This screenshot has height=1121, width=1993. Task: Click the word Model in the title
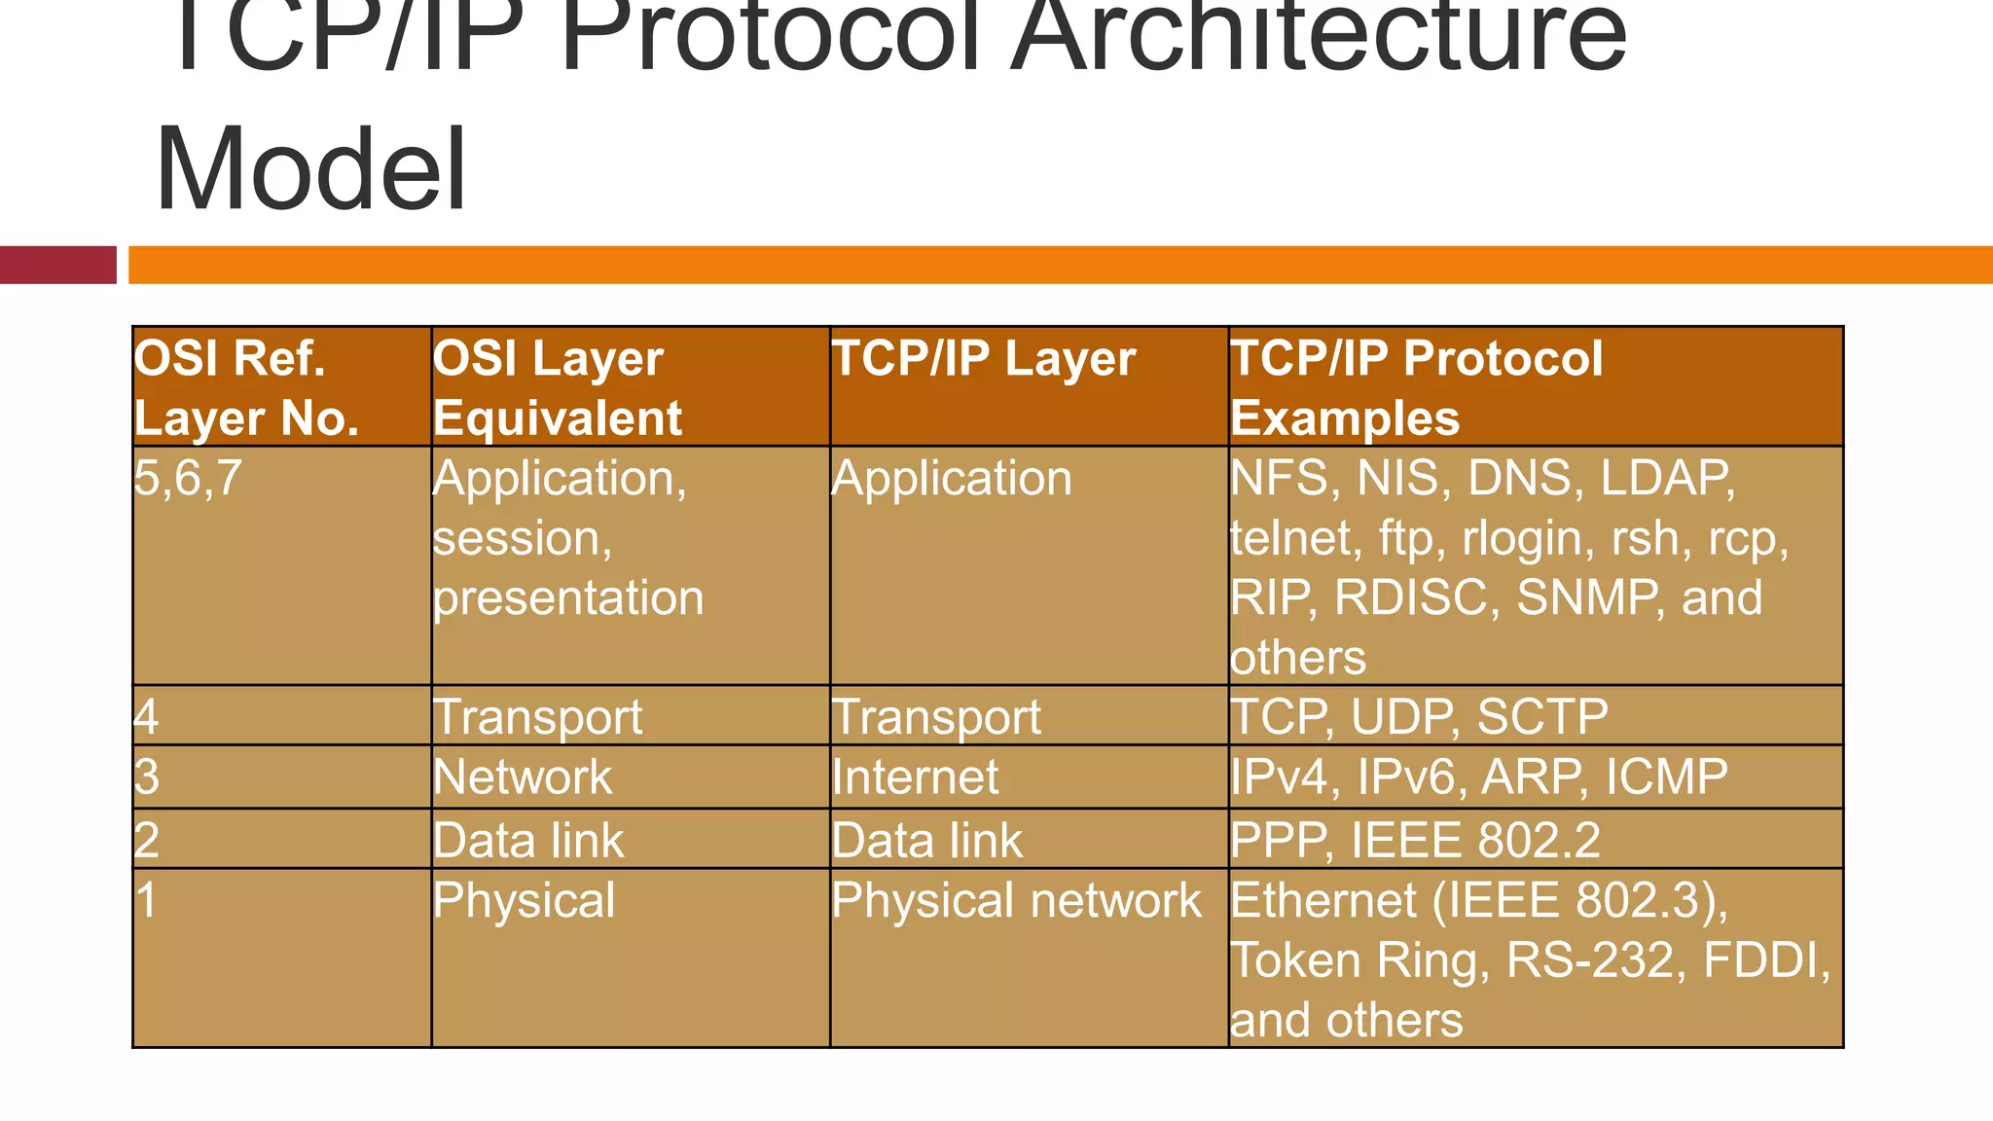pyautogui.click(x=311, y=170)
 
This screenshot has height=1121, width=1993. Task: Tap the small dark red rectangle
pyautogui.click(x=57, y=265)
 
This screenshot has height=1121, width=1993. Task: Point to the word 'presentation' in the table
pyautogui.click(x=568, y=597)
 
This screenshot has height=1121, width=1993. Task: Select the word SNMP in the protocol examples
pyautogui.click(x=1586, y=597)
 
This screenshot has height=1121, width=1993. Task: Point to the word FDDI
pyautogui.click(x=1765, y=960)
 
